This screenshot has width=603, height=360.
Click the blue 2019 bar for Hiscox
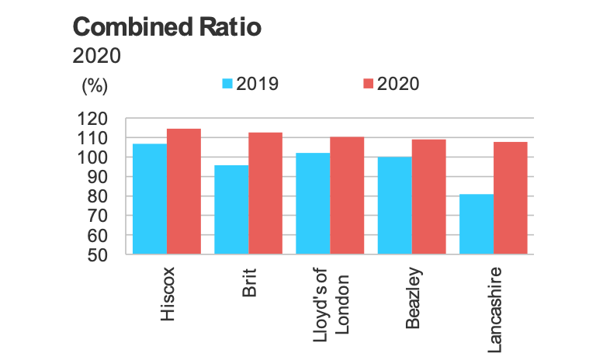pyautogui.click(x=150, y=199)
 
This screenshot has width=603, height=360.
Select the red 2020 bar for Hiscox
pyautogui.click(x=184, y=191)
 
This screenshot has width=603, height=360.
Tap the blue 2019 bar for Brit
pyautogui.click(x=231, y=209)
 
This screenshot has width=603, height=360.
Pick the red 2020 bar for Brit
pyautogui.click(x=265, y=193)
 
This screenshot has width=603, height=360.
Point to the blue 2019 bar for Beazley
pyautogui.click(x=395, y=206)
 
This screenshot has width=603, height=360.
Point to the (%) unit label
pyautogui.click(x=94, y=85)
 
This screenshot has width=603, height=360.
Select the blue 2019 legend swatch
pyautogui.click(x=227, y=84)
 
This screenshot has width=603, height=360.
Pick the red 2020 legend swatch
pyautogui.click(x=368, y=84)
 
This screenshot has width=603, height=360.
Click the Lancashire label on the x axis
pyautogui.click(x=494, y=308)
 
